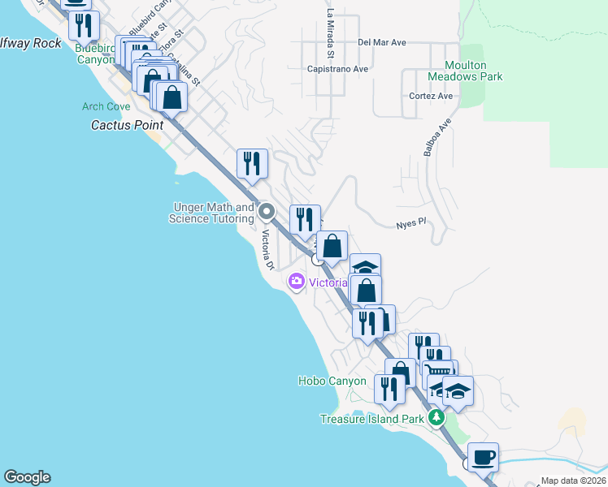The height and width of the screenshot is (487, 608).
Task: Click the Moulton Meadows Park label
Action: tap(466, 71)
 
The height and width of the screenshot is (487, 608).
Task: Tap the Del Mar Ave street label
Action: tap(381, 42)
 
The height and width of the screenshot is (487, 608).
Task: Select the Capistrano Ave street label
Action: tap(337, 69)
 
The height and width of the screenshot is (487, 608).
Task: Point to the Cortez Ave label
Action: tap(432, 96)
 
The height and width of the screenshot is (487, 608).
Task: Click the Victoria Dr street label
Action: tap(267, 250)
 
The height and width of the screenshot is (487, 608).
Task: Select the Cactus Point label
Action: tap(127, 125)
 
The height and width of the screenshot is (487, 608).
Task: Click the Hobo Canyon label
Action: tap(332, 381)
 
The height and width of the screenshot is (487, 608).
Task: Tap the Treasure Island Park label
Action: tap(372, 419)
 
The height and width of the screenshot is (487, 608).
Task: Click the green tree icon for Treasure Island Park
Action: tap(436, 418)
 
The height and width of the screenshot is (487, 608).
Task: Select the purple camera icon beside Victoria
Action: tap(296, 282)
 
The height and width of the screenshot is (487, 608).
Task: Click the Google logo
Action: tap(27, 477)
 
